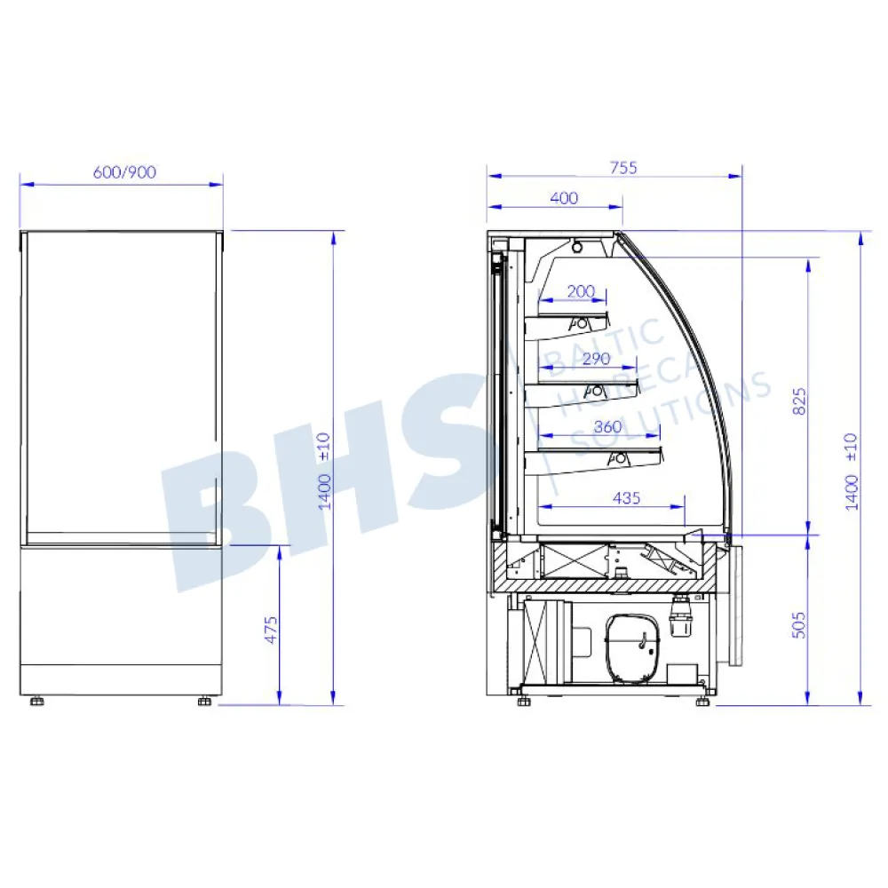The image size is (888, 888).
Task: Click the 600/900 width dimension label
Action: [124, 171]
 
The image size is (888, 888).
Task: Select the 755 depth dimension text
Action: [623, 168]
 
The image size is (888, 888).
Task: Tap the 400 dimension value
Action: [564, 198]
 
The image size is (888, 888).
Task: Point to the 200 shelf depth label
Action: [581, 291]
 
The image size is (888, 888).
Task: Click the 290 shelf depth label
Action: [597, 359]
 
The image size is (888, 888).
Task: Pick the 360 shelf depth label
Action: [607, 426]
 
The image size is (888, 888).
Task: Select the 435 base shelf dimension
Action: [626, 498]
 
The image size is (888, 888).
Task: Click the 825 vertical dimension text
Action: [798, 401]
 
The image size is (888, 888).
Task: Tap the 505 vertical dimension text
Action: [798, 625]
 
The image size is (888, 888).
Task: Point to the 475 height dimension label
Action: [271, 630]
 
